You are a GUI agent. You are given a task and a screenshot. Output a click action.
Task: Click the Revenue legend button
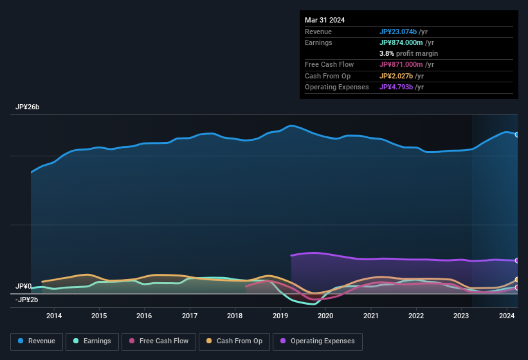[37, 341]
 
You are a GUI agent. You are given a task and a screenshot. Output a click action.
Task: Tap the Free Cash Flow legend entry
[159, 341]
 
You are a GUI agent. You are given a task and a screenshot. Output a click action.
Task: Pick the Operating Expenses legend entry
[317, 341]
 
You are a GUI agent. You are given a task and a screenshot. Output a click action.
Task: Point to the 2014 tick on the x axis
[54, 316]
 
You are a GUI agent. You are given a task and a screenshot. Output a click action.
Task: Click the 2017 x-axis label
[190, 316]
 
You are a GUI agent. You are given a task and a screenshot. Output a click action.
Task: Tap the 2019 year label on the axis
[280, 316]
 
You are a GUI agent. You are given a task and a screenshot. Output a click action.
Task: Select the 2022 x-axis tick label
[416, 316]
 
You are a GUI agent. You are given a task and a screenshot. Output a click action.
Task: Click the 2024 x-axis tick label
[507, 316]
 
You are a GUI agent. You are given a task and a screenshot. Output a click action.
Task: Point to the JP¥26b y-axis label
[28, 107]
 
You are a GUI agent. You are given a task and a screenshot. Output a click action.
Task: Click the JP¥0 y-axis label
[24, 286]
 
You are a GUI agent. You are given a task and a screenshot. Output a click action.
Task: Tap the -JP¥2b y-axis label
[27, 300]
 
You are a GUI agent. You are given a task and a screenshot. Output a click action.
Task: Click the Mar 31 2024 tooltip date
[325, 20]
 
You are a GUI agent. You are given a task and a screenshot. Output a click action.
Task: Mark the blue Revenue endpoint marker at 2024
[517, 134]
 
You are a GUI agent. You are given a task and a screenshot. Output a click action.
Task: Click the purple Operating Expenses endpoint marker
[517, 260]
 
